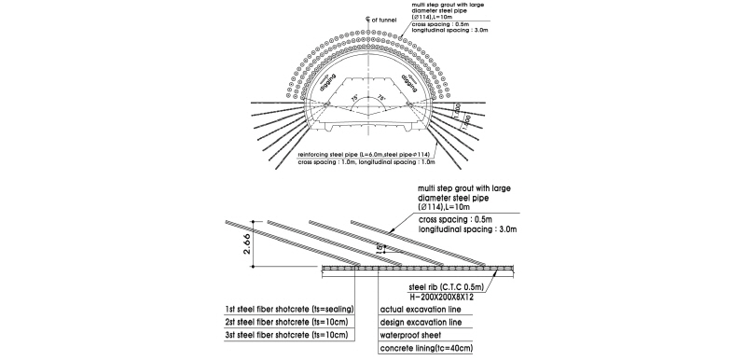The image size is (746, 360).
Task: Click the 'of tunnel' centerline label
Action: [x=381, y=18]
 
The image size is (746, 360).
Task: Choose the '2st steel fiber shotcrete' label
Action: [x=276, y=321]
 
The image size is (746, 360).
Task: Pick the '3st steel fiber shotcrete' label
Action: [x=276, y=334]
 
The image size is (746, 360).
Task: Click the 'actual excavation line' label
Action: [x=421, y=307]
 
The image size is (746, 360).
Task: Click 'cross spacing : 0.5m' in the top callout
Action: [x=445, y=24]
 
